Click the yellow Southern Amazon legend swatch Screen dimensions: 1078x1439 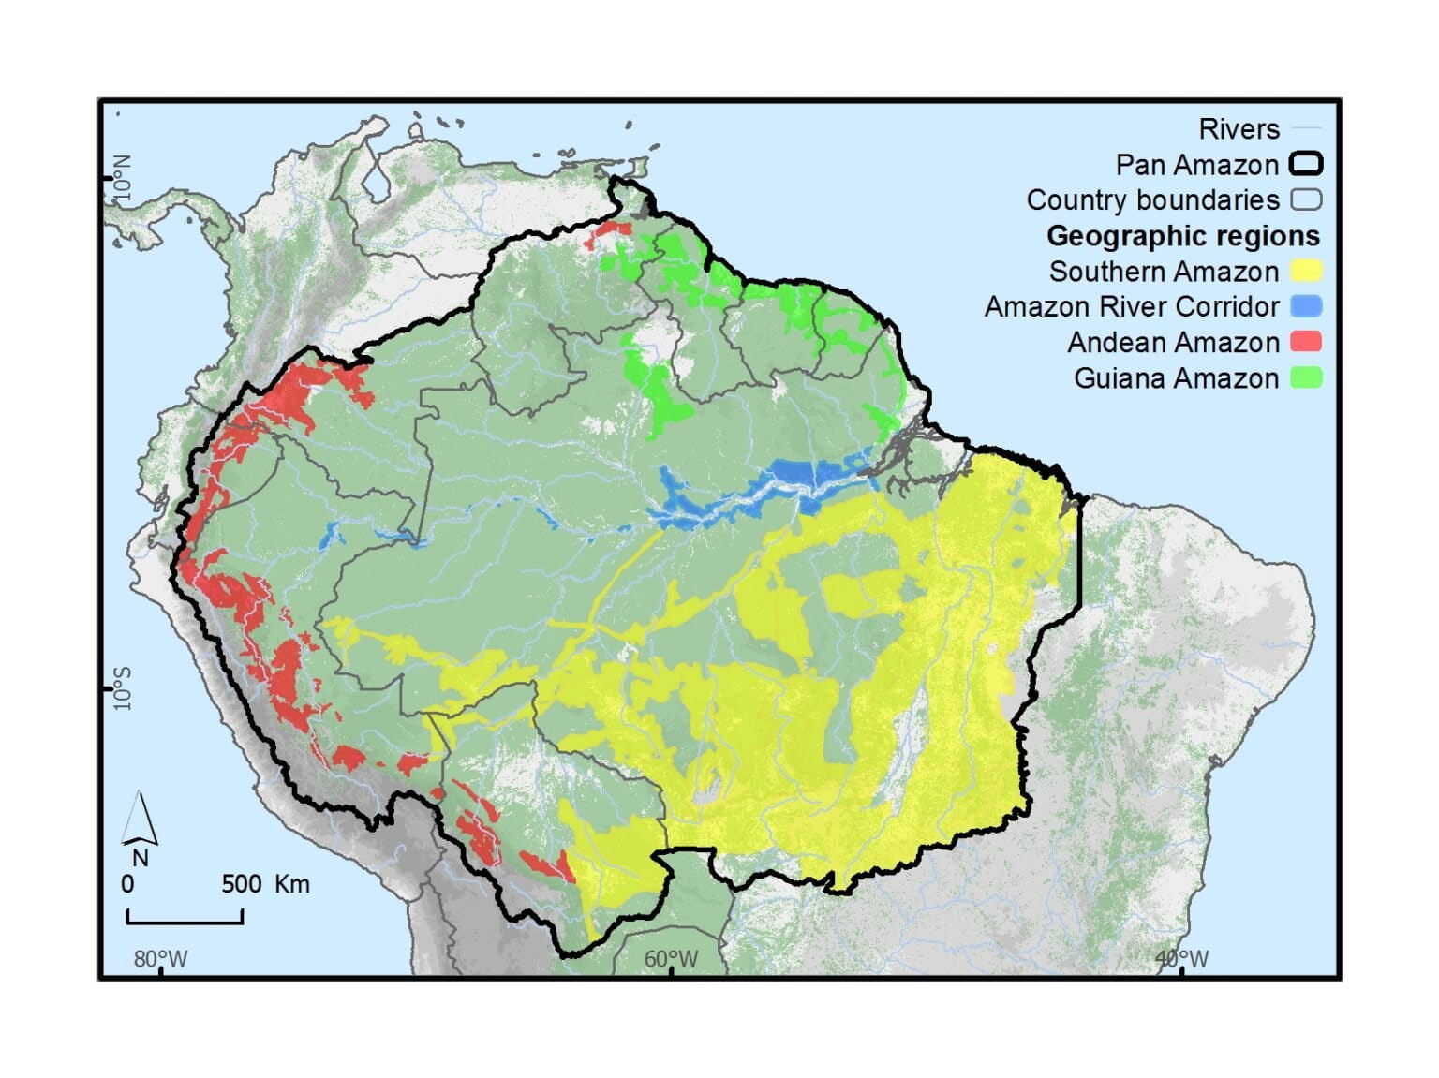point(1306,272)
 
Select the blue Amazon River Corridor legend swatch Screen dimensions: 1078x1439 point(1306,306)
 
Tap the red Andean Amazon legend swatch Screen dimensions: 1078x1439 point(1306,342)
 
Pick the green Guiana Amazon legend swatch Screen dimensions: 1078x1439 point(1306,377)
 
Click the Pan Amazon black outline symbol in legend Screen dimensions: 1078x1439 point(1306,165)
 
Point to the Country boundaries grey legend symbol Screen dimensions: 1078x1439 point(1306,200)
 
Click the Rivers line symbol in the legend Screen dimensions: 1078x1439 point(1306,129)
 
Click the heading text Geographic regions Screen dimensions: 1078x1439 point(1182,236)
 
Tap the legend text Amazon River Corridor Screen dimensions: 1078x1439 point(1131,307)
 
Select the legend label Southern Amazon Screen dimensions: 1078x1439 point(1163,272)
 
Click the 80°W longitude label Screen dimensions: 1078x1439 point(160,959)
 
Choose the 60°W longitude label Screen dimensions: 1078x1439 point(671,959)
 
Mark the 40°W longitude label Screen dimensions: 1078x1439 point(1181,959)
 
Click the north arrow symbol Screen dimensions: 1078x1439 point(140,821)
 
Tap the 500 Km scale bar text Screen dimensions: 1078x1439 point(265,884)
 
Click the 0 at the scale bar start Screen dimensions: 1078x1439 point(128,884)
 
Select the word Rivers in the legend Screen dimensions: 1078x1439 point(1239,129)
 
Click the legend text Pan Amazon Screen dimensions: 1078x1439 point(1196,165)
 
